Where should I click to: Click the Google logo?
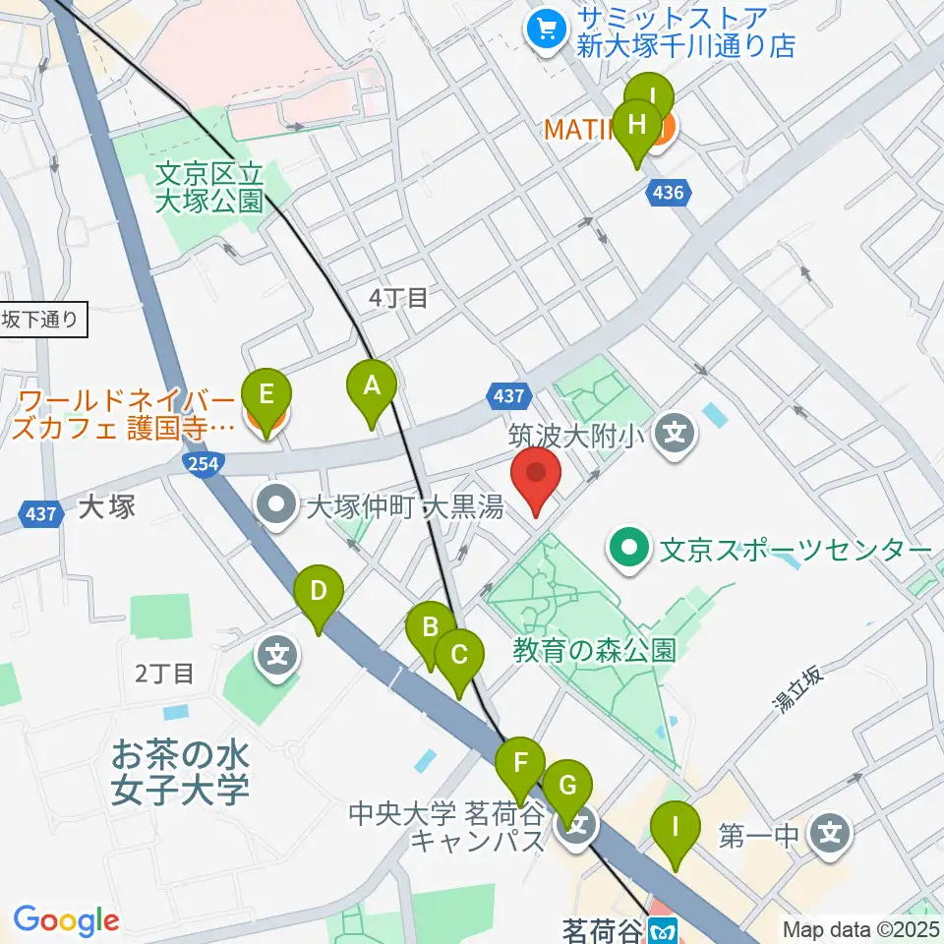coord(66,921)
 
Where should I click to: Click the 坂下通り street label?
coord(44,319)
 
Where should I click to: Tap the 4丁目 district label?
coord(397,298)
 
